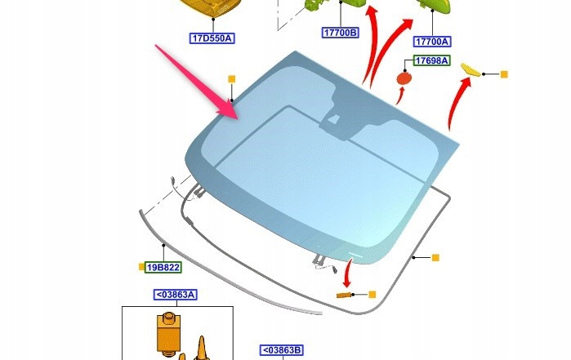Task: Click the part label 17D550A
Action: tap(212, 38)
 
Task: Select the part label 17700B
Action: tap(341, 33)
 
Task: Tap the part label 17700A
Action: tap(432, 42)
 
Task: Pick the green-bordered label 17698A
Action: tap(432, 60)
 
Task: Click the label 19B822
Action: tap(163, 268)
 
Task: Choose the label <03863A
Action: tap(176, 295)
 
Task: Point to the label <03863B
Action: tap(282, 350)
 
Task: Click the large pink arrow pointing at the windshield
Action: tap(197, 82)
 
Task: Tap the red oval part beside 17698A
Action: tap(404, 78)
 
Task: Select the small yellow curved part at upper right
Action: tap(471, 70)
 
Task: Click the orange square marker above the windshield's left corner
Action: tap(232, 79)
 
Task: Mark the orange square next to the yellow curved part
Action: tap(504, 74)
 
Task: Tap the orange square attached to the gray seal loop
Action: tap(435, 258)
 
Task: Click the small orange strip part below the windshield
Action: tap(344, 295)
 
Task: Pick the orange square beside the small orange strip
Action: tap(372, 295)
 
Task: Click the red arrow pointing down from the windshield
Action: tap(348, 273)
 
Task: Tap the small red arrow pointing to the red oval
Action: tap(400, 96)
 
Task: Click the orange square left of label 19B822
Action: tap(141, 267)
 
